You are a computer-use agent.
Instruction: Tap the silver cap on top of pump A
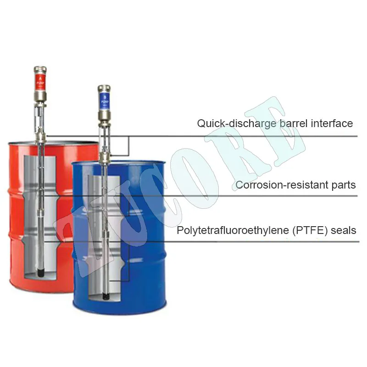(40, 70)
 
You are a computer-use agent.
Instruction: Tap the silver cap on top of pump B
(104, 88)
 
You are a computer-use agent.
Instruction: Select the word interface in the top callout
(334, 123)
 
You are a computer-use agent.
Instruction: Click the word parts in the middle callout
(341, 185)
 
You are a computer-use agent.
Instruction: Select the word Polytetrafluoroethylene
(232, 230)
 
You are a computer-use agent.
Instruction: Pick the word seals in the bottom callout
(345, 230)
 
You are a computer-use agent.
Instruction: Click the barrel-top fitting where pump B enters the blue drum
(105, 158)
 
